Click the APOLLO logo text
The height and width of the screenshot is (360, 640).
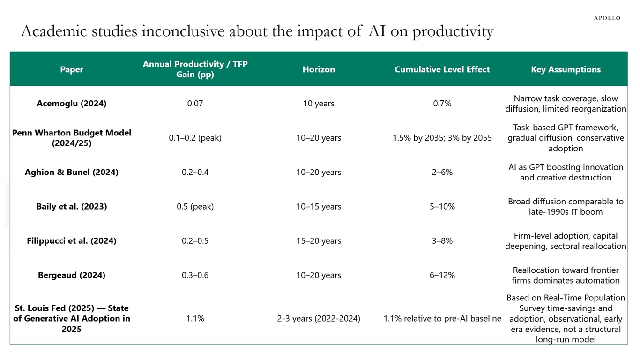click(607, 18)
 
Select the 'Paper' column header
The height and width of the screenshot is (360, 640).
click(72, 69)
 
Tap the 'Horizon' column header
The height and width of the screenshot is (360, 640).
click(319, 69)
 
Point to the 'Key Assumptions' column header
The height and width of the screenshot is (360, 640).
click(566, 69)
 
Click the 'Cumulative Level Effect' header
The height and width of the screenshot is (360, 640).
click(442, 69)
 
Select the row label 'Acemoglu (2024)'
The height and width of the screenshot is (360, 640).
click(72, 104)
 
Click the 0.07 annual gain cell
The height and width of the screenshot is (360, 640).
click(195, 104)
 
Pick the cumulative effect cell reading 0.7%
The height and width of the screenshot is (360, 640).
click(442, 104)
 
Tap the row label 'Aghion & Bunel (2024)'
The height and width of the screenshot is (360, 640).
click(72, 172)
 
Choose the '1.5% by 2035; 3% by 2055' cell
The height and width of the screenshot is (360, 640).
click(442, 138)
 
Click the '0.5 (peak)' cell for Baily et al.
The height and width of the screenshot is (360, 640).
click(195, 206)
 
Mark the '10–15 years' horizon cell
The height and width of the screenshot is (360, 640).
click(319, 206)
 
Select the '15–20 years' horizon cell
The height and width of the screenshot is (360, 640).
click(319, 241)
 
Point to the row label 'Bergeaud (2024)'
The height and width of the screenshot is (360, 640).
click(72, 275)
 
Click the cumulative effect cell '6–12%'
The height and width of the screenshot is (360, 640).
click(442, 275)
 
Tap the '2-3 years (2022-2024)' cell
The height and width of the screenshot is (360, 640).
click(319, 319)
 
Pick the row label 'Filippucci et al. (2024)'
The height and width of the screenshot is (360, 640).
click(72, 241)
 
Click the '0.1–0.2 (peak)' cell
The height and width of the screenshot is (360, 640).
click(195, 138)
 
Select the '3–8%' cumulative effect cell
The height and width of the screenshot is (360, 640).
click(442, 241)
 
